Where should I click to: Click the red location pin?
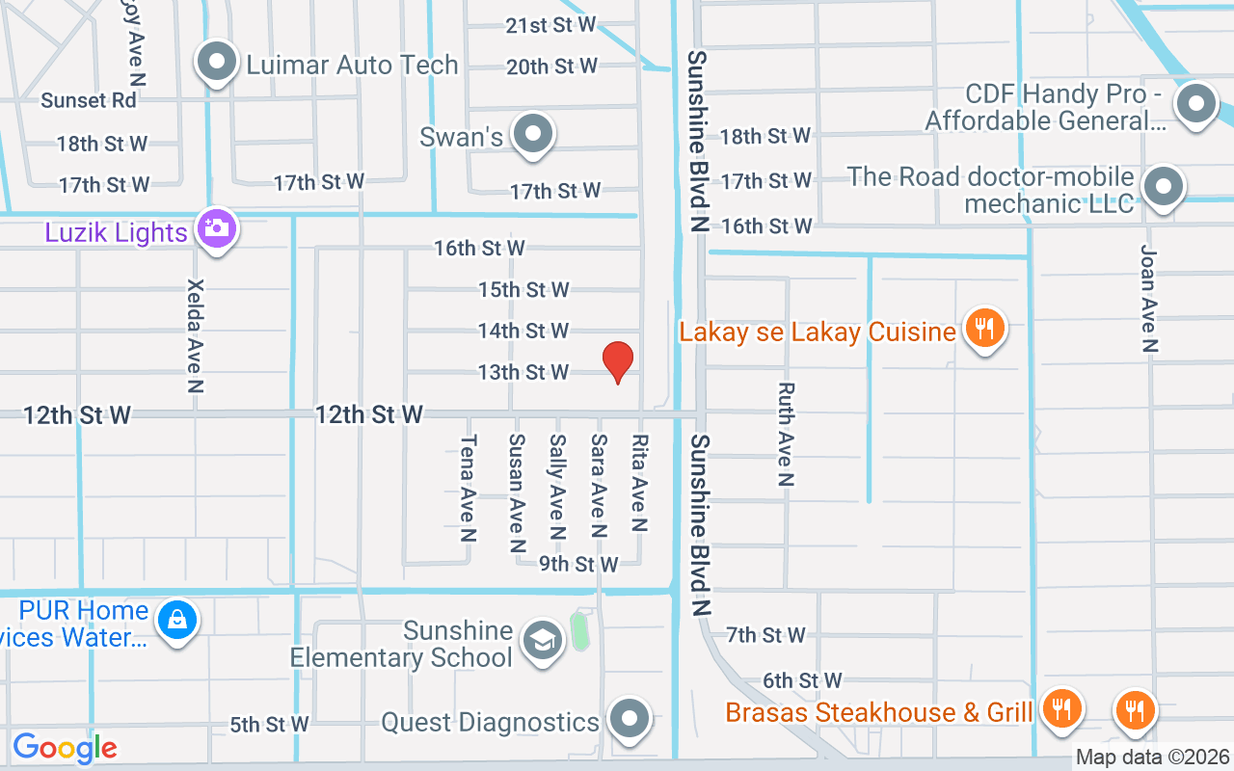point(618,361)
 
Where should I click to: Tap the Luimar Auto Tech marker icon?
point(217,64)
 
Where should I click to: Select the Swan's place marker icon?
point(532,135)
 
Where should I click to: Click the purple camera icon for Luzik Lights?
point(217,229)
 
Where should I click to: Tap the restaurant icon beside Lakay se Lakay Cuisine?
point(983,329)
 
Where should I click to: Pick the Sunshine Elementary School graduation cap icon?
point(542,641)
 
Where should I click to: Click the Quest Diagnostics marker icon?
point(630,719)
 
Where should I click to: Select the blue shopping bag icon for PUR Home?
point(177,620)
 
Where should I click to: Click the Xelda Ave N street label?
point(197,336)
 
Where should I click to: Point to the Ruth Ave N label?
point(787,434)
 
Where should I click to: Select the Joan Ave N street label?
point(1148,298)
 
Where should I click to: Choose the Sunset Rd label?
point(89,100)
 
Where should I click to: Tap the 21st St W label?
point(551,25)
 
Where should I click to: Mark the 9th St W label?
point(578,564)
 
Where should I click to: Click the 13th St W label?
point(523,372)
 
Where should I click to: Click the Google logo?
point(65,747)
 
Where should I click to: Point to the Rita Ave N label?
point(639,483)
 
